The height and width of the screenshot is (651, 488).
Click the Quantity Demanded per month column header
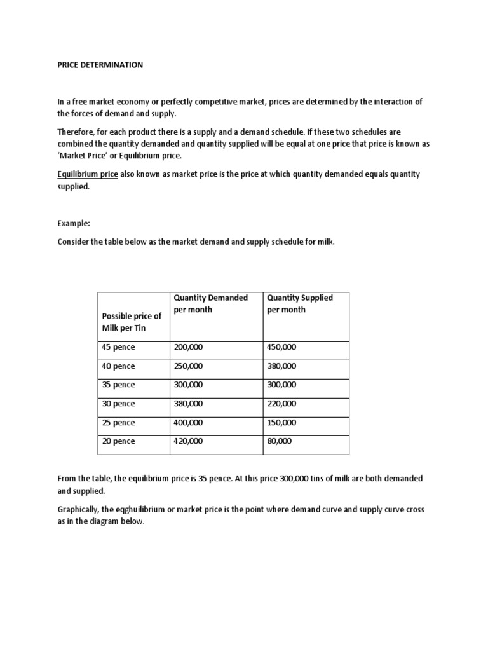click(x=210, y=303)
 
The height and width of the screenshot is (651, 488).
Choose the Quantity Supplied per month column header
click(x=300, y=303)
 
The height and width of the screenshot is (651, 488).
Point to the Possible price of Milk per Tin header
click(x=132, y=322)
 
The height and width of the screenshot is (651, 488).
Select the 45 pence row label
click(x=118, y=348)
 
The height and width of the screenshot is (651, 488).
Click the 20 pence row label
click(x=118, y=441)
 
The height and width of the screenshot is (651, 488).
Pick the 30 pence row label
click(x=118, y=404)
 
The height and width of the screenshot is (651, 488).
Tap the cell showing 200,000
click(x=188, y=348)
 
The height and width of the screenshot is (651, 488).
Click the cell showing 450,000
click(x=281, y=348)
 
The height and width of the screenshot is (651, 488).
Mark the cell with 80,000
click(x=280, y=441)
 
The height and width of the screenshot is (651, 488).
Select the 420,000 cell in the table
click(x=188, y=441)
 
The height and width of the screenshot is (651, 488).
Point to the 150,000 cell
click(x=281, y=423)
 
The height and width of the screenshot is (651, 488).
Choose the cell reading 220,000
click(x=281, y=404)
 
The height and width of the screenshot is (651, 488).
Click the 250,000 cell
click(x=188, y=366)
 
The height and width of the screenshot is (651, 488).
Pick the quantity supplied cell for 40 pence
click(x=281, y=366)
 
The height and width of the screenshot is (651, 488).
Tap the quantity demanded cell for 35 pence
click(x=188, y=385)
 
